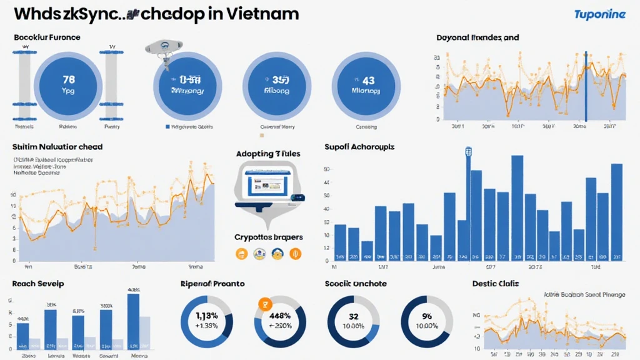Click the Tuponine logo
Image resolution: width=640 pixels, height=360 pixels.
tap(599, 14)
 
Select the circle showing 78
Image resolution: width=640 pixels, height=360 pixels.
tap(69, 84)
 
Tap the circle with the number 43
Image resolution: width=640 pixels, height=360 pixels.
tap(368, 84)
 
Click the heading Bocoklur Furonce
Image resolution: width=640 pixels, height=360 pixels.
tap(47, 37)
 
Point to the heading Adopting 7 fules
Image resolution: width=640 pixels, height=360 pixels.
tap(267, 153)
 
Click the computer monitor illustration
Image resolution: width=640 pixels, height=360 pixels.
tap(267, 186)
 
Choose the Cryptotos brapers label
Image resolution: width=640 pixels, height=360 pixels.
tap(269, 237)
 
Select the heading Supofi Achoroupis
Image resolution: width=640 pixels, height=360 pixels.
tap(359, 147)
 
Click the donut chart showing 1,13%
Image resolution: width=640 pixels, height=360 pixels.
tap(207, 321)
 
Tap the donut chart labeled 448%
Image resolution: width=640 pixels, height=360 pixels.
tap(280, 321)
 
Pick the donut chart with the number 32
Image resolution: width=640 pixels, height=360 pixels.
tap(353, 321)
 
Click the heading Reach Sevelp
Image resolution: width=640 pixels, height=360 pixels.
tap(37, 284)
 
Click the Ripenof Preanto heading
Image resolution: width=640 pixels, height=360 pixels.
tap(212, 284)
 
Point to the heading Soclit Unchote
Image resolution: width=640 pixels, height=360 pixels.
tap(356, 284)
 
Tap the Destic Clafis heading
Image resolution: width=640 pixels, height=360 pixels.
tap(496, 284)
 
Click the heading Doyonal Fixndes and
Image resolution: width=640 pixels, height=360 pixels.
tap(477, 37)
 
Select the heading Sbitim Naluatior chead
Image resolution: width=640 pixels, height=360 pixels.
tap(57, 147)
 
